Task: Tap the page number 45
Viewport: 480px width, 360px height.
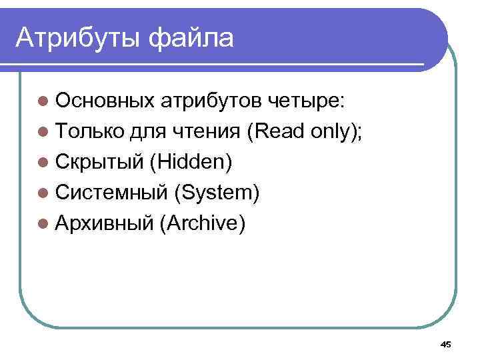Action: (x=446, y=344)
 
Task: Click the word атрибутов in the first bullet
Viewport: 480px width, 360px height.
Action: (x=213, y=101)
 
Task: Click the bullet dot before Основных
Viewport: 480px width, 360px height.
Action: (x=43, y=101)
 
